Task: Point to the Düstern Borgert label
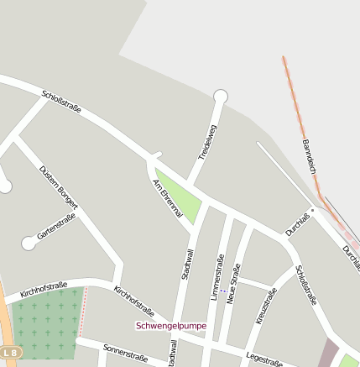coord(59,186)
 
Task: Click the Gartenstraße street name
coord(56,228)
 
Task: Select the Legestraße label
coord(263,359)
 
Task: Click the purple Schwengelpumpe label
coord(171,326)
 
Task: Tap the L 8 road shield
coord(8,351)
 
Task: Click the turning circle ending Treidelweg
coord(221,96)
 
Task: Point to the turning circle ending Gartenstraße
coord(29,243)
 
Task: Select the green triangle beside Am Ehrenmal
coord(181,196)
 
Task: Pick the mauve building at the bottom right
coord(328,354)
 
